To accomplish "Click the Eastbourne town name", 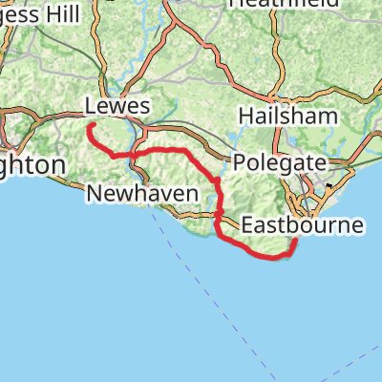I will [x=303, y=226].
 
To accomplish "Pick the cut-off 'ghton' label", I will [x=32, y=165].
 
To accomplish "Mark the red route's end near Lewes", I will [x=89, y=126].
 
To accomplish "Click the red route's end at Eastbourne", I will [x=293, y=242].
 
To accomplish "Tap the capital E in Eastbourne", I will [x=247, y=226].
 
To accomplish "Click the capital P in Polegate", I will [x=237, y=162].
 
